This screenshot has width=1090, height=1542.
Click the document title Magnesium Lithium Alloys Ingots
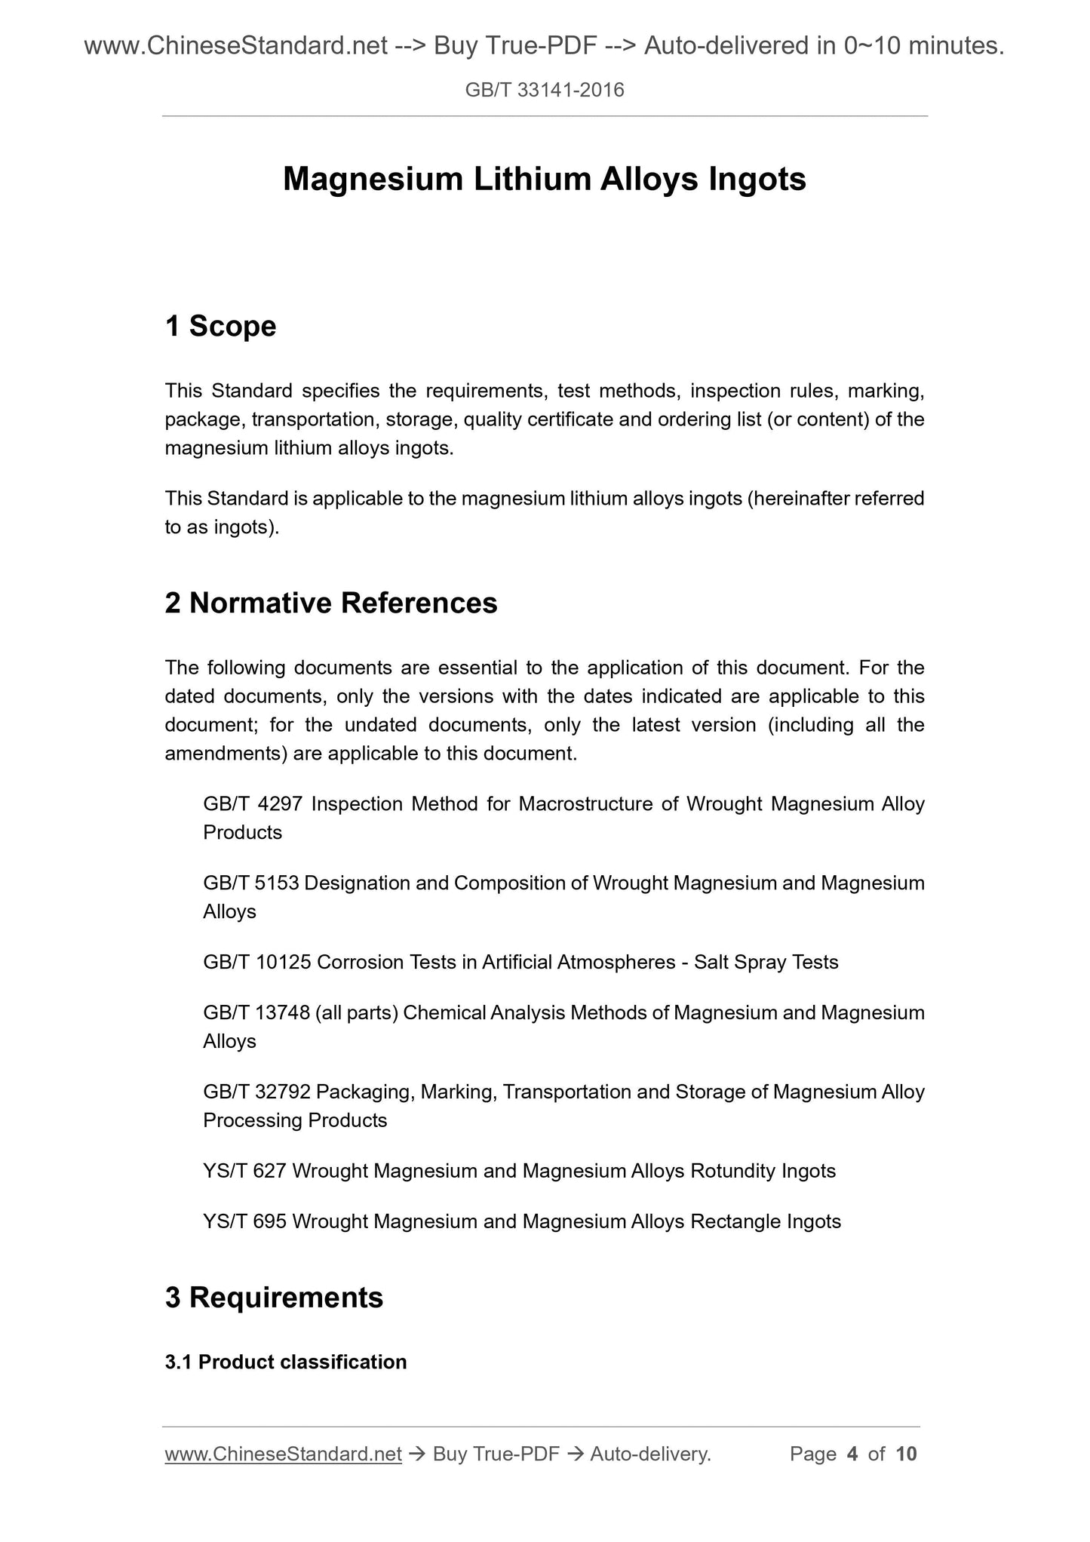point(544,180)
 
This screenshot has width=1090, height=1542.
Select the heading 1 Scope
point(220,326)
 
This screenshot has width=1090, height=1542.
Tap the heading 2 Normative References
point(331,603)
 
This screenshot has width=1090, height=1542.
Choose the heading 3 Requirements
point(274,1297)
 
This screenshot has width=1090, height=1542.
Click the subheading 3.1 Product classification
point(286,1362)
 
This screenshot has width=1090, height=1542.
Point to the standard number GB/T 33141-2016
point(545,91)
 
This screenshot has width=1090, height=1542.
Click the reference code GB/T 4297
point(253,804)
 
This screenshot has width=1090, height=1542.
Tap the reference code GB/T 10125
point(257,963)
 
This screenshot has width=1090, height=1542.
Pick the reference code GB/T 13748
point(257,1012)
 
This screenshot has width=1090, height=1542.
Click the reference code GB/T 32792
point(257,1092)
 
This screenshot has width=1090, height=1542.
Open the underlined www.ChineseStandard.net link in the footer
point(283,1454)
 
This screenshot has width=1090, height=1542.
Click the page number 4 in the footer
point(852,1454)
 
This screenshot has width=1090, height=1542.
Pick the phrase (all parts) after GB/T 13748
point(357,1012)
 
